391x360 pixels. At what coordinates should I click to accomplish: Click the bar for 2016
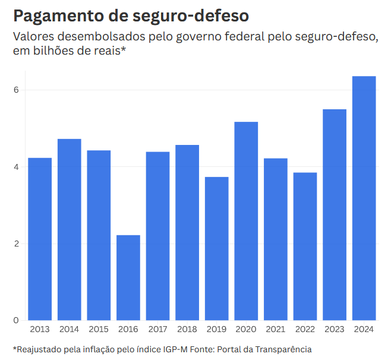coord(128,277)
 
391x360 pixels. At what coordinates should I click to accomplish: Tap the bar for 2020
coord(246,220)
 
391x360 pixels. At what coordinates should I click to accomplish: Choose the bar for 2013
coord(40,239)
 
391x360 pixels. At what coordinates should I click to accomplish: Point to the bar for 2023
coord(335,214)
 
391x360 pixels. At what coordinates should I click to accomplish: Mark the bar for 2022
coord(305,246)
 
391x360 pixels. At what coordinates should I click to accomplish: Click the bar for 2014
coord(70,229)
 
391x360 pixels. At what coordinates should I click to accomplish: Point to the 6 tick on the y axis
coord(17,90)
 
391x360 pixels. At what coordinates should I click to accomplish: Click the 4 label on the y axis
coord(17,167)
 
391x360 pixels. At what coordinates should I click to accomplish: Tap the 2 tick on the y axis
coord(17,244)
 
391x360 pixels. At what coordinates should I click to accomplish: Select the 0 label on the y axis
coord(17,320)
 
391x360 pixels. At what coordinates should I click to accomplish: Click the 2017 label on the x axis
coord(158,329)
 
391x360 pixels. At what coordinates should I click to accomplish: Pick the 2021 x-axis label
coord(276,329)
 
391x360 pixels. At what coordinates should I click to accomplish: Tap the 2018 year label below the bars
coord(187,329)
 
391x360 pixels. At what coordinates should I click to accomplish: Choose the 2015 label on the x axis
coord(99,329)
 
